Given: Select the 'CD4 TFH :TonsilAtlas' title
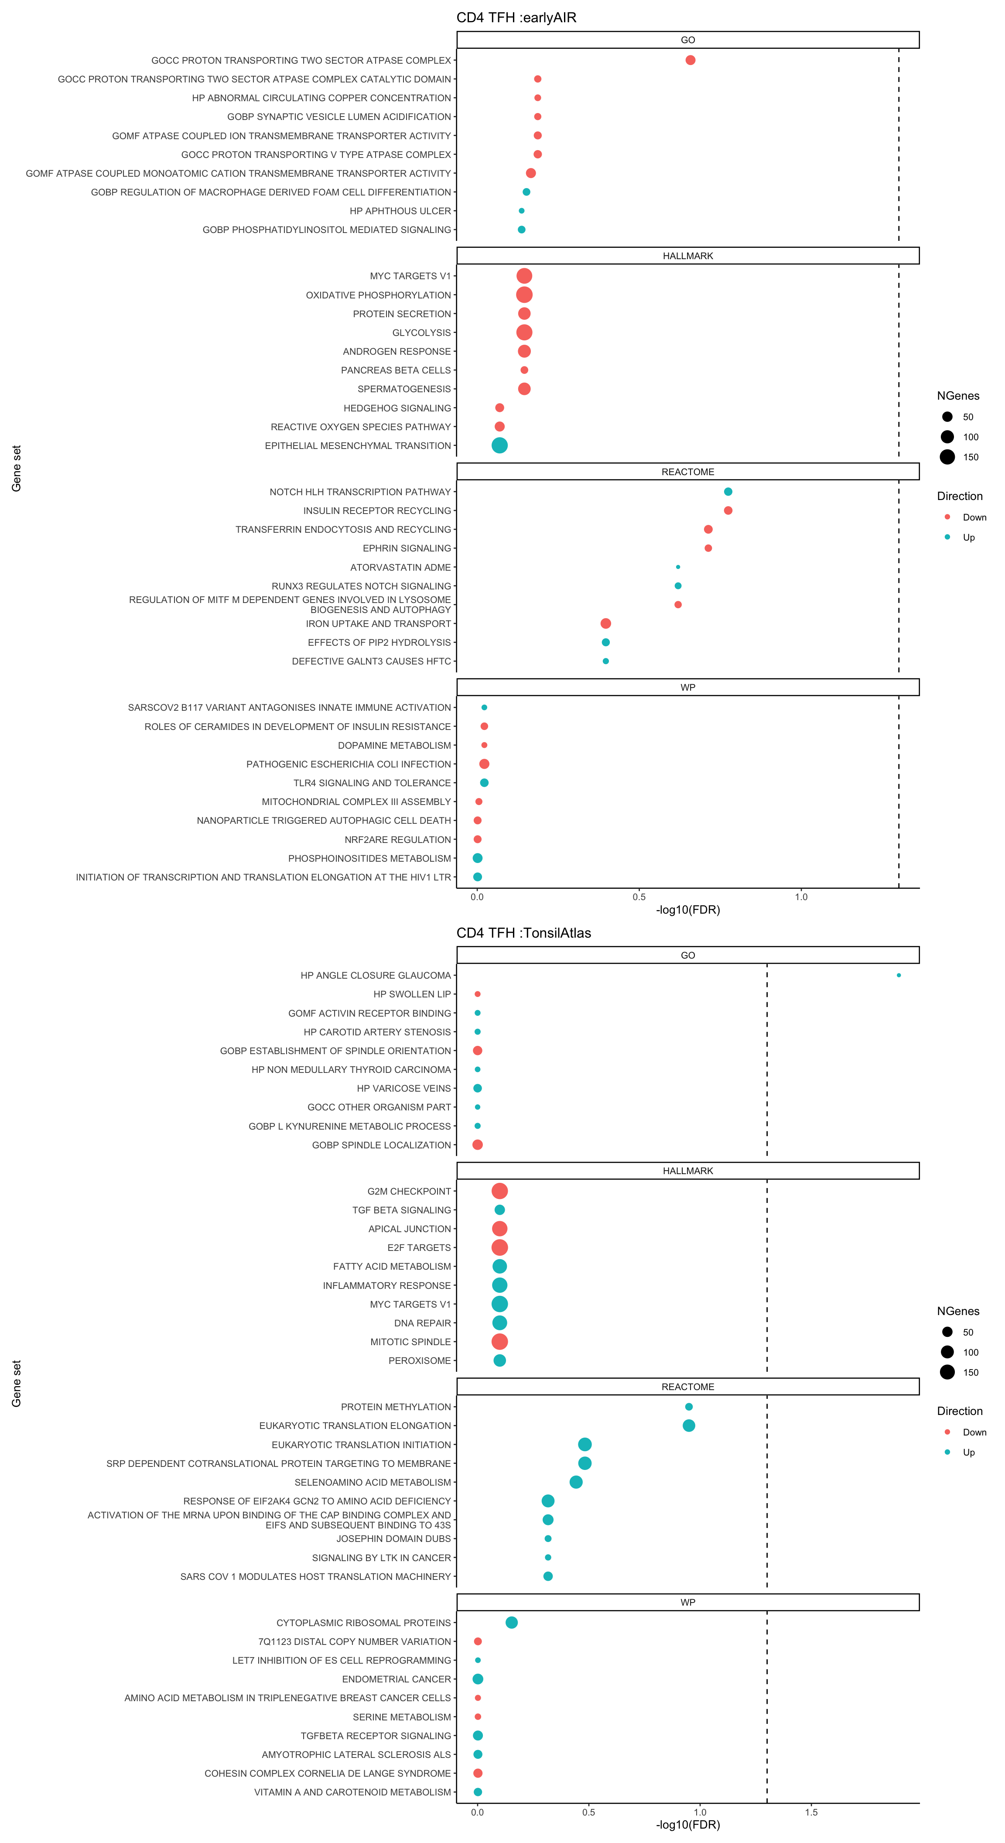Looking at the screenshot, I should point(523,933).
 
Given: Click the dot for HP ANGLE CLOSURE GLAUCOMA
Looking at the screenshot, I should point(899,975).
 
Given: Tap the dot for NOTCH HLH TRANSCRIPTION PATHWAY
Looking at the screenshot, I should point(728,492).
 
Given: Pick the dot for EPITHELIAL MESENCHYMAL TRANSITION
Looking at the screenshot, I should point(499,446).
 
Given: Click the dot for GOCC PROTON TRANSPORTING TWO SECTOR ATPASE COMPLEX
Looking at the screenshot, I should point(690,60).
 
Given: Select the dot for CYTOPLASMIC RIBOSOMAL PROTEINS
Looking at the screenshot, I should point(511,1623).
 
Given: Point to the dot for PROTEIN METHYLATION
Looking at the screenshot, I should point(689,1407).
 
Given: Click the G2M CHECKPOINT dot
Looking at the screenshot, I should point(499,1191).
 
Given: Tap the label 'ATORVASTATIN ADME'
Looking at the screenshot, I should point(400,567).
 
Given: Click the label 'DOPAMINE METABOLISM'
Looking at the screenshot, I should point(394,746).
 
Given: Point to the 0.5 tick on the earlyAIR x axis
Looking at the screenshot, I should point(639,897).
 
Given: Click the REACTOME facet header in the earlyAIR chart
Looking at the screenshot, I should point(687,472).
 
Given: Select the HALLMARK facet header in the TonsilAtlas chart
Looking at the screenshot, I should point(687,1171).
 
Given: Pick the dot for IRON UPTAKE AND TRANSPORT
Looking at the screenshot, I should point(605,624).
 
